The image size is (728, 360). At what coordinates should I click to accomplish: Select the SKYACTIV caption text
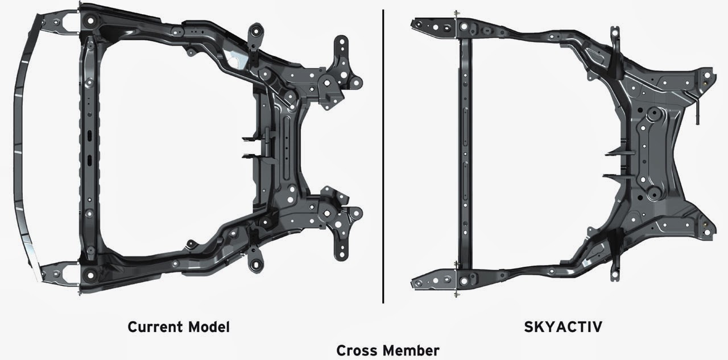point(555,327)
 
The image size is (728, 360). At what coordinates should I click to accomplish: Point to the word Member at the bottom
point(412,350)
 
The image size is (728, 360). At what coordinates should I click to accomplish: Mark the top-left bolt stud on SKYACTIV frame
point(456,14)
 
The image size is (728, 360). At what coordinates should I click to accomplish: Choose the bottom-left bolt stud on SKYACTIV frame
point(456,293)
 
